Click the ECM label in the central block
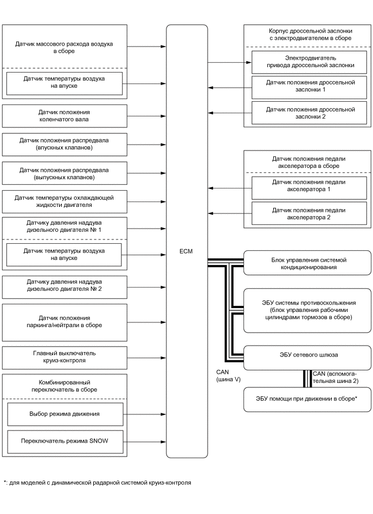click(x=186, y=252)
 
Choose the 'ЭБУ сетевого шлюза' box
click(x=307, y=355)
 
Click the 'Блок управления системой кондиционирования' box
click(x=307, y=263)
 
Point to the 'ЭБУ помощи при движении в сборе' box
click(x=307, y=400)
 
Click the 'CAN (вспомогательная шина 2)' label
click(x=336, y=377)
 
